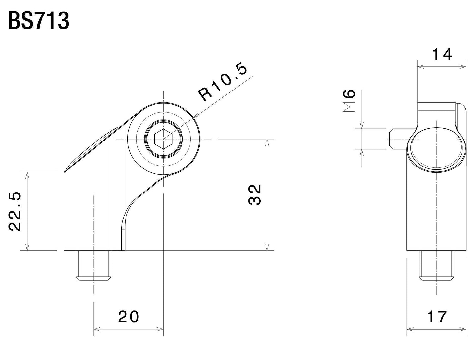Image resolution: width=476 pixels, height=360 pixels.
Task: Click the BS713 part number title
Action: click(39, 21)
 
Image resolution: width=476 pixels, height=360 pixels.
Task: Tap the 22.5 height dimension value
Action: click(15, 211)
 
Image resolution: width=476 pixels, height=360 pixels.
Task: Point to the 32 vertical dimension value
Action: click(254, 195)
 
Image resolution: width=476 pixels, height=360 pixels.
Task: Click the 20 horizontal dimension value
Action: click(129, 317)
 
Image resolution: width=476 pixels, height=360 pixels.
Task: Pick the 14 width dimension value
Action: click(442, 55)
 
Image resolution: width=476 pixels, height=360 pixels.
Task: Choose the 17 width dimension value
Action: click(437, 317)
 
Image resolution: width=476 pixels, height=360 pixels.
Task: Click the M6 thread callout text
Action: click(350, 101)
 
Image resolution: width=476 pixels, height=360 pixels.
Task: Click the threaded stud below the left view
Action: click(94, 265)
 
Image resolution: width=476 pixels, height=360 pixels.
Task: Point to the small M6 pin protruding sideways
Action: click(398, 139)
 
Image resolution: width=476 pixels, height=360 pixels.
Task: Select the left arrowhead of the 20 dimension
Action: click(96, 329)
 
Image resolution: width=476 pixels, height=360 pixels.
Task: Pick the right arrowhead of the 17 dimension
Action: click(464, 329)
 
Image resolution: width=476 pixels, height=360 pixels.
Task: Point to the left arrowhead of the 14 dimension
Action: click(420, 67)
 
